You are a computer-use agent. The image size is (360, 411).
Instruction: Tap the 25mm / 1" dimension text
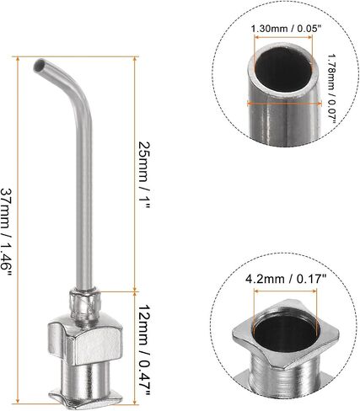click(145, 174)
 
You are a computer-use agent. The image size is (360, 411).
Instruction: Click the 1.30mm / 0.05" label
click(286, 29)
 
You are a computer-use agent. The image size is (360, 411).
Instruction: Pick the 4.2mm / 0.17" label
click(286, 279)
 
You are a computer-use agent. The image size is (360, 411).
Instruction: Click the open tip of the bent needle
click(39, 65)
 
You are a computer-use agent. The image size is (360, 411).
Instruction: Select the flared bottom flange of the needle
click(86, 398)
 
